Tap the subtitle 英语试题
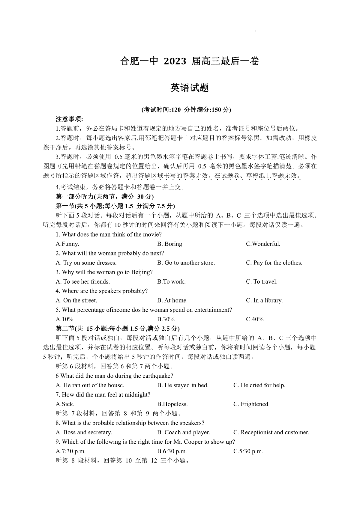[x=189, y=88]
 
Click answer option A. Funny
[x=67, y=244]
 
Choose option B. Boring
[x=169, y=244]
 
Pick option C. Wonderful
[x=263, y=244]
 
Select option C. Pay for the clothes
[x=274, y=263]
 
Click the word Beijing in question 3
[x=142, y=272]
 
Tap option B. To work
[x=171, y=282]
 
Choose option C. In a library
[x=264, y=300]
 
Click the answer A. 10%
[x=65, y=319]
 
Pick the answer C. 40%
[x=255, y=319]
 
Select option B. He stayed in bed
[x=183, y=385]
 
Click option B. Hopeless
[x=172, y=404]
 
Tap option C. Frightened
[x=251, y=404]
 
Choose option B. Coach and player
[x=184, y=432]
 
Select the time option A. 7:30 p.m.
[x=71, y=451]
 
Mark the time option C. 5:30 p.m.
[x=248, y=451]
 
